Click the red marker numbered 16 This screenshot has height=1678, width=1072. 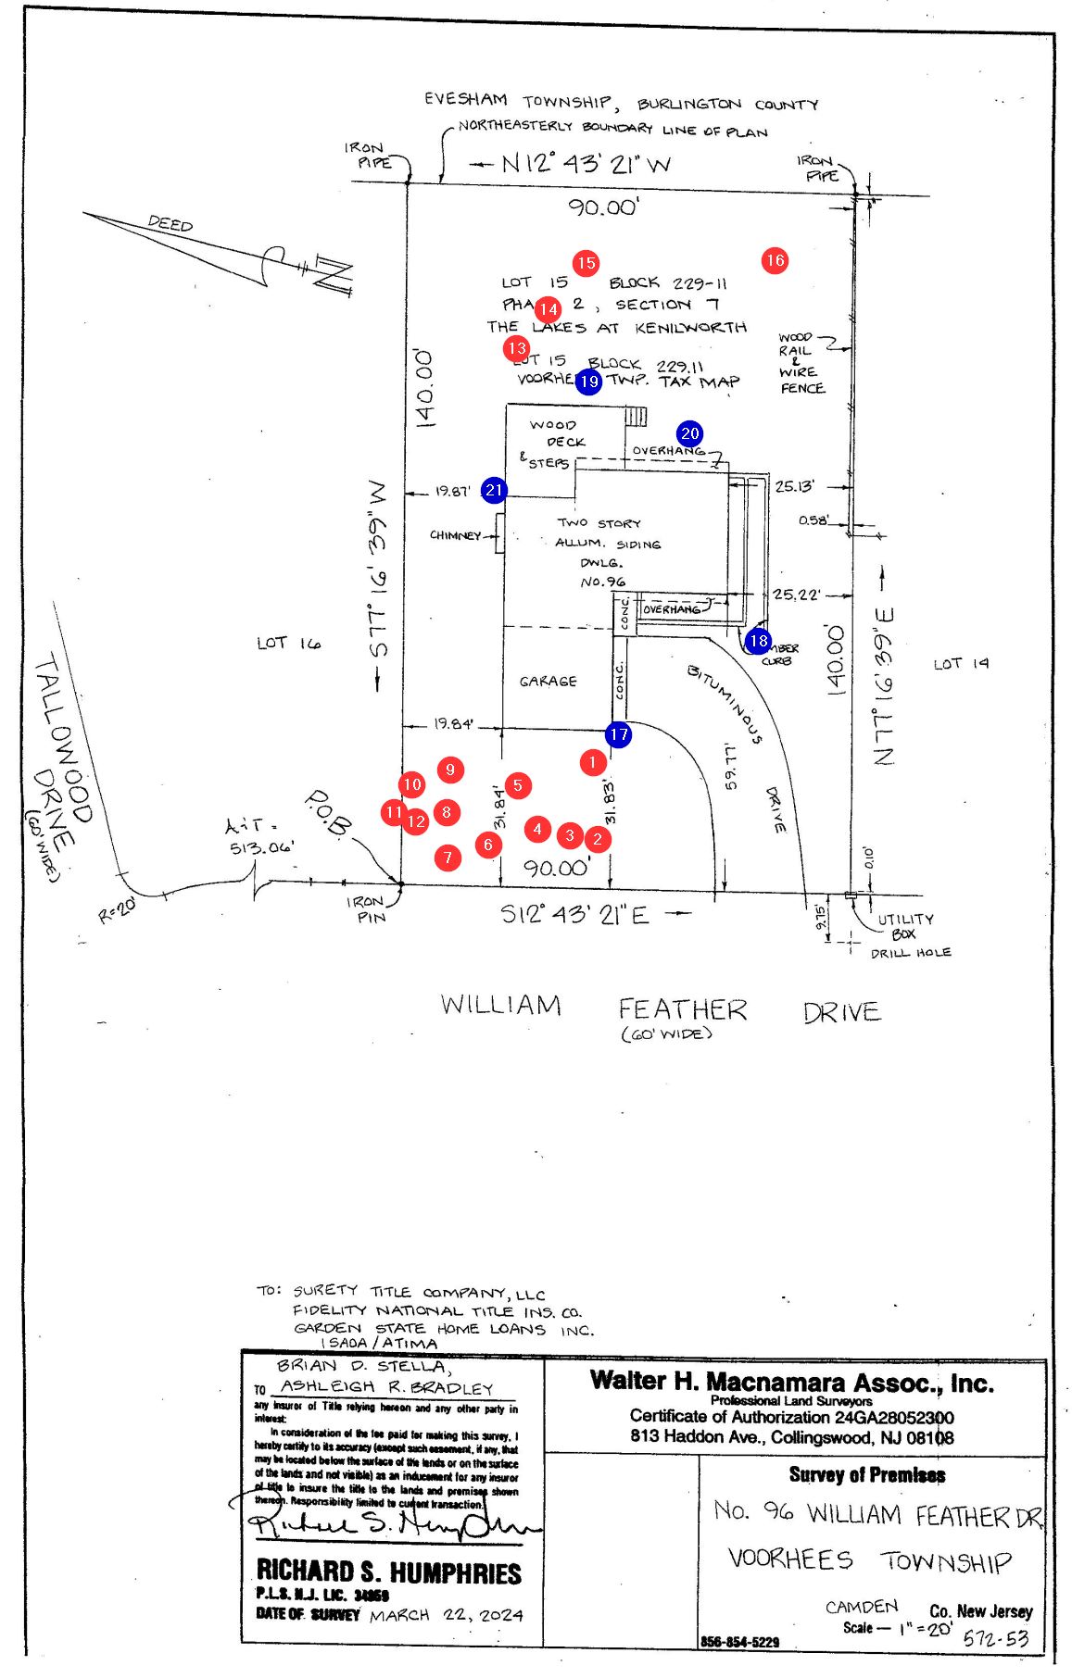pos(775,260)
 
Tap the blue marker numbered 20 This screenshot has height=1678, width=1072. pos(689,433)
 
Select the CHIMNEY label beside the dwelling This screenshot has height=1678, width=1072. pos(455,535)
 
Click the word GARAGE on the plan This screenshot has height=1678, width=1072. pos(548,682)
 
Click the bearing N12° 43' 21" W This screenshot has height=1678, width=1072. pos(586,164)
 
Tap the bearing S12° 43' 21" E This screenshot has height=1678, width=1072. pos(574,915)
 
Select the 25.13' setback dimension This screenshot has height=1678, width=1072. pos(794,486)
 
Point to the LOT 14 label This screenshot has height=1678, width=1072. pos(961,664)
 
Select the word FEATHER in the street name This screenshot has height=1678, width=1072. pos(682,1009)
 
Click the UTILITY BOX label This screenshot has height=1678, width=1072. pos(904,926)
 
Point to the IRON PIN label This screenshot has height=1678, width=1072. pos(365,908)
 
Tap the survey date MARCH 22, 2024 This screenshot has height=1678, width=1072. pos(446,1615)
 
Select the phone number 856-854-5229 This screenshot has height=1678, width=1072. pos(739,1642)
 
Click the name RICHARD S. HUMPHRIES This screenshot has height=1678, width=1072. pos(388,1572)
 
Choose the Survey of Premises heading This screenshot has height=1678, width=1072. pos(866,1475)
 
